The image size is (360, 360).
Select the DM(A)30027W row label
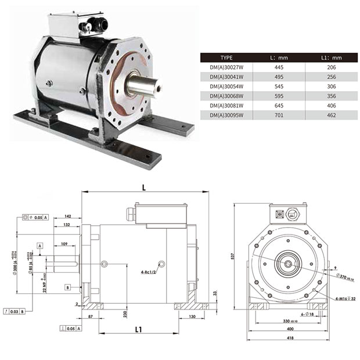(x=225, y=67)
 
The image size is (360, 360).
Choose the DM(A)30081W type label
(x=225, y=106)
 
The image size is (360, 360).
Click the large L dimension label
(x=143, y=187)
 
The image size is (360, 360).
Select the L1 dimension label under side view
(x=138, y=329)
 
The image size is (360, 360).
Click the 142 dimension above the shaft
(x=67, y=215)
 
